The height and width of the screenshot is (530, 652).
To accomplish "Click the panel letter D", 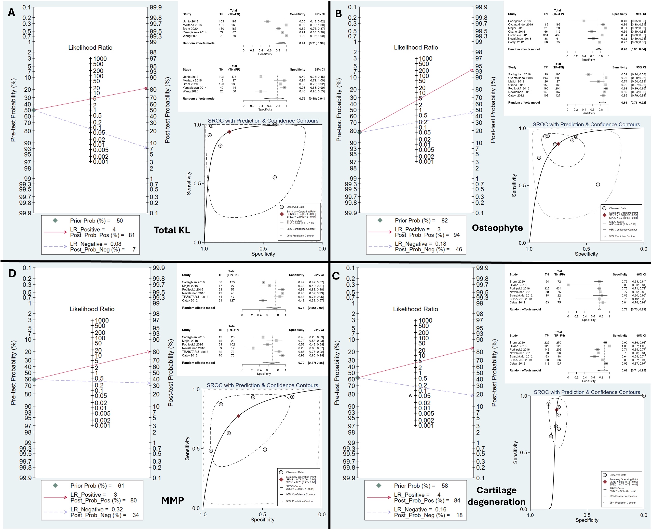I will tap(12, 273).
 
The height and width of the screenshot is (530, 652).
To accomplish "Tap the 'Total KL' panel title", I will tap(172, 230).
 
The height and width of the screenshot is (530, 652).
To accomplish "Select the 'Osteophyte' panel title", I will tap(497, 228).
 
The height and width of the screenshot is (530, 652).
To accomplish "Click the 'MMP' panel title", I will tap(172, 500).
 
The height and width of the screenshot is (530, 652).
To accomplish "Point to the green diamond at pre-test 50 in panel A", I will tap(34, 110).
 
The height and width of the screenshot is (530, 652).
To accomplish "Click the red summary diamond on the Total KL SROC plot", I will tap(229, 132).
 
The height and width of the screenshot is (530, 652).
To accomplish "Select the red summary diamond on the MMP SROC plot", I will tap(238, 416).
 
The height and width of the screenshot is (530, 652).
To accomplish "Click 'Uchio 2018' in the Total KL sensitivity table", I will tap(190, 21).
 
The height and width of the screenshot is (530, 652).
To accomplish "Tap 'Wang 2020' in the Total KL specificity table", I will tap(190, 91).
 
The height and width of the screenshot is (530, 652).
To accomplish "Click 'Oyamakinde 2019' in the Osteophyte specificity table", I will tap(520, 24).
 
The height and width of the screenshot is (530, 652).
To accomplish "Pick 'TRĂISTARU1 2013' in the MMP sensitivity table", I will tap(195, 297).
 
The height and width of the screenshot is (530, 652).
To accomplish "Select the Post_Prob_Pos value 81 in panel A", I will tap(132, 235).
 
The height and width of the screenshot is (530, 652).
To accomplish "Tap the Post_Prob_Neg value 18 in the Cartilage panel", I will tap(459, 515).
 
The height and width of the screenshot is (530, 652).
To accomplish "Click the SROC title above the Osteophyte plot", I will tap(586, 124).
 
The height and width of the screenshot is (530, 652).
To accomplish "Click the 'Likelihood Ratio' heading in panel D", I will tap(92, 309).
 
